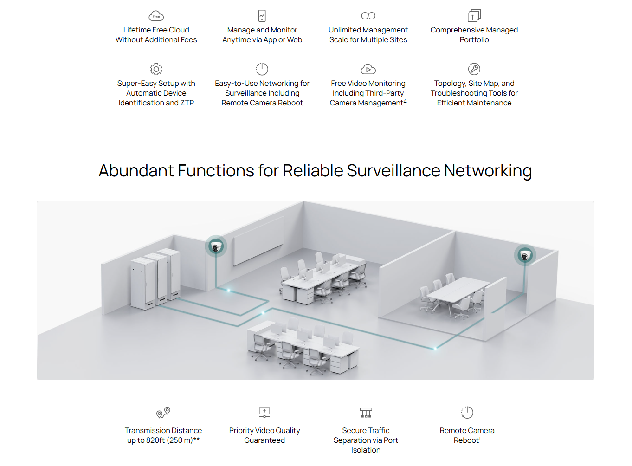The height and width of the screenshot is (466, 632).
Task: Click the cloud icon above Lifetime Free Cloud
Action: (x=156, y=16)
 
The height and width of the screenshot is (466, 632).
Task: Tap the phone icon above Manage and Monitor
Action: (x=262, y=16)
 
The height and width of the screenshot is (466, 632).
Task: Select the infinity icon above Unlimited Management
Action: (x=368, y=16)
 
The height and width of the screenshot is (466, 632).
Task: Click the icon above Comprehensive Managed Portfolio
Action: (x=474, y=16)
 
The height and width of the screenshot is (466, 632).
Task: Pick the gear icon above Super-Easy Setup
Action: (x=156, y=69)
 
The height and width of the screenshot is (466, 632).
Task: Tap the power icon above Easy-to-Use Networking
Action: (x=262, y=69)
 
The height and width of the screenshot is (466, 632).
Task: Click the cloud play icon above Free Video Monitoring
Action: (x=368, y=70)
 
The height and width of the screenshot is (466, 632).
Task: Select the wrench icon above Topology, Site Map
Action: (x=474, y=69)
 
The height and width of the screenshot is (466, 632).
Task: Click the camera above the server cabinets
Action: (x=216, y=246)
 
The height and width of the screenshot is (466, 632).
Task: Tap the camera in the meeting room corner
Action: (x=525, y=255)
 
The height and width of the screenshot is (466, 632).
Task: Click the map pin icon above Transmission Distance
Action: (x=163, y=412)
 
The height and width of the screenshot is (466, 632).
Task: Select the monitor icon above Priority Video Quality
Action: (x=264, y=412)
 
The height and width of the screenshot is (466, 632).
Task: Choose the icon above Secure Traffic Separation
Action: (x=366, y=412)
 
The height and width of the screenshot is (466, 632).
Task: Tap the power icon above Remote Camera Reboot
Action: (x=467, y=412)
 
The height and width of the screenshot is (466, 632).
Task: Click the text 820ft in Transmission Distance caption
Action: (x=155, y=440)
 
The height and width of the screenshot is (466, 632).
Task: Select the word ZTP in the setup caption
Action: (x=187, y=103)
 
